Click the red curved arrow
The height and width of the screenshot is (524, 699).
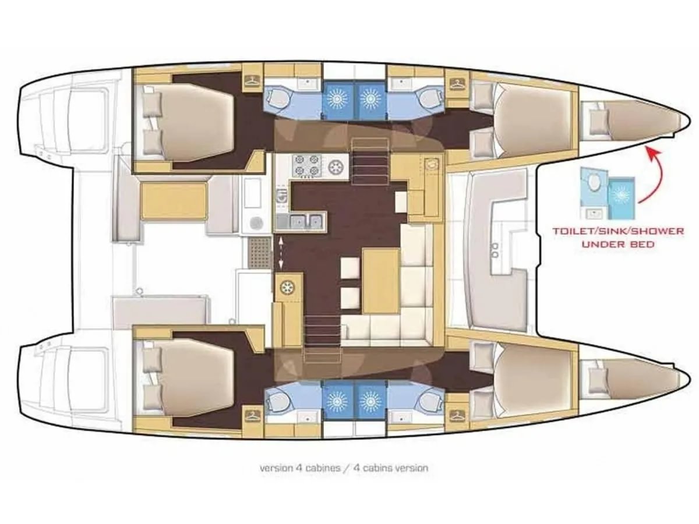657,175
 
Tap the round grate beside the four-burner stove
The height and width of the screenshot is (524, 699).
337,167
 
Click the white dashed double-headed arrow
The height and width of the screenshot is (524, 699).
281,252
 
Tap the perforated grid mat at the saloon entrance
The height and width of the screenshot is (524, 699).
257,252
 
